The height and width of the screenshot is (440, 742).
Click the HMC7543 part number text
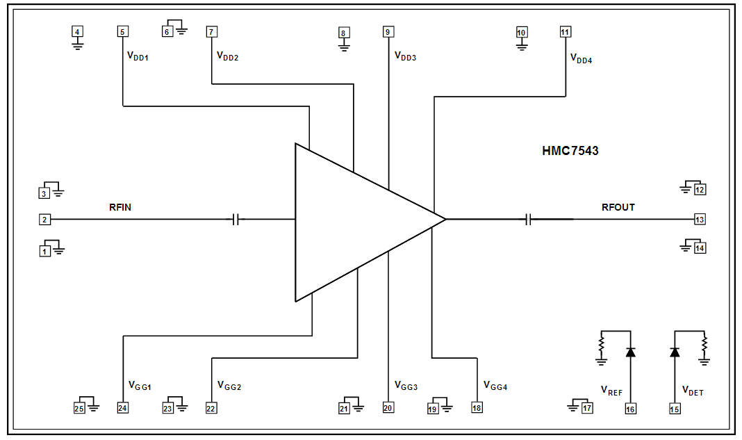click(570, 150)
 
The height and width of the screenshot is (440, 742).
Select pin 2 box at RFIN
click(44, 220)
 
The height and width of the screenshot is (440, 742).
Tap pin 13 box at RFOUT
click(700, 220)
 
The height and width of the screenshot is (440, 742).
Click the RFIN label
click(120, 206)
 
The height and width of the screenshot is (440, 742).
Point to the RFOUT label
click(618, 207)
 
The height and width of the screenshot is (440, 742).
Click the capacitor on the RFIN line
click(236, 220)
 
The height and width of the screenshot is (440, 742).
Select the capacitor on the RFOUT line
click(529, 220)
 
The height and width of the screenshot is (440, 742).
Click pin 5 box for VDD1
click(122, 31)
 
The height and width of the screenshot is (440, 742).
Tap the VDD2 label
click(227, 56)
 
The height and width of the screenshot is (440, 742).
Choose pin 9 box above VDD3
click(388, 31)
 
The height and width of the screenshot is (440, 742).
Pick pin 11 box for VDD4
click(565, 31)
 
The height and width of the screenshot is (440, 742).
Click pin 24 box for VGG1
click(122, 408)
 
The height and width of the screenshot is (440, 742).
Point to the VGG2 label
click(229, 386)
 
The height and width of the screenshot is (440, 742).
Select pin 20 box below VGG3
click(388, 408)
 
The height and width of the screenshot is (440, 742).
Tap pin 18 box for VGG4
click(477, 408)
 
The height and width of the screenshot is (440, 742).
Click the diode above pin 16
click(630, 352)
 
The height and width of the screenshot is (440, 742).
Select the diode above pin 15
click(674, 352)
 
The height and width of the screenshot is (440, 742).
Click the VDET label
click(693, 391)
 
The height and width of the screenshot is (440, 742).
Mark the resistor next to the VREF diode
click(602, 344)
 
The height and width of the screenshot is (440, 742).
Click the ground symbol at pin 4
click(78, 44)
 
